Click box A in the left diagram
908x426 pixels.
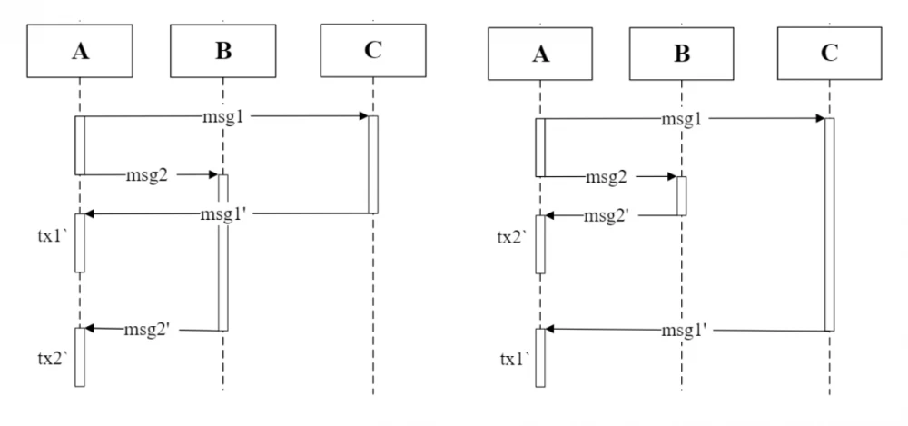[x=80, y=51]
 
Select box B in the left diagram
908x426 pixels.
[x=223, y=51]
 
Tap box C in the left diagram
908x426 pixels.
[x=373, y=51]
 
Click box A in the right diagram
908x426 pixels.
[x=540, y=54]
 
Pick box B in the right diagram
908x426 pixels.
[x=682, y=54]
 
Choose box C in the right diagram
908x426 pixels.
[x=829, y=53]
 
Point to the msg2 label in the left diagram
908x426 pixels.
[x=147, y=175]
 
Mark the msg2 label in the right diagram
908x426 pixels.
[x=607, y=176]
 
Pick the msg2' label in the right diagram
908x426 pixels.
[x=607, y=215]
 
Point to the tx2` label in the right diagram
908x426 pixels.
[x=512, y=238]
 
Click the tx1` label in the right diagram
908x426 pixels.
[x=514, y=359]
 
